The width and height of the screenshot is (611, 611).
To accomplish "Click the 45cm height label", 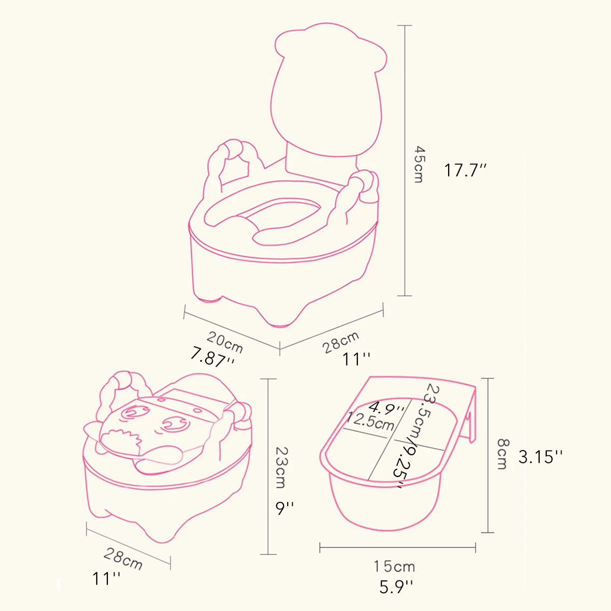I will (419, 164).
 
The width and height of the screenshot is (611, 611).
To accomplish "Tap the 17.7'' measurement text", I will (465, 170).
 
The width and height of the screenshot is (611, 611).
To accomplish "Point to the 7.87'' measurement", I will (213, 358).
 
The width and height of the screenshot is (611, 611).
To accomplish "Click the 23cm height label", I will (282, 467).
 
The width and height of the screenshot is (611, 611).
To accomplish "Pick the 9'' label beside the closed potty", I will (285, 508).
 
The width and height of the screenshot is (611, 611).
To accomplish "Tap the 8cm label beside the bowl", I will (503, 454).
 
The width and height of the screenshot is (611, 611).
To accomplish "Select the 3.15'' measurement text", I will (540, 457).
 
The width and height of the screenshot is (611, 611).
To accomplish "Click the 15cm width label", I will (394, 566).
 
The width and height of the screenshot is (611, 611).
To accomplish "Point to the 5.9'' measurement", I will (396, 587).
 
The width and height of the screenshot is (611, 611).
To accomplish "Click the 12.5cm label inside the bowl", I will (370, 421).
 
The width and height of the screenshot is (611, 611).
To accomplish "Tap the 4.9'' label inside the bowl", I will (386, 407).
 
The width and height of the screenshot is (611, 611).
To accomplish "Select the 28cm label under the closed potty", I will (123, 559).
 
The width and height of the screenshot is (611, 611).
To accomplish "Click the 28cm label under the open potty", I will (341, 342).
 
